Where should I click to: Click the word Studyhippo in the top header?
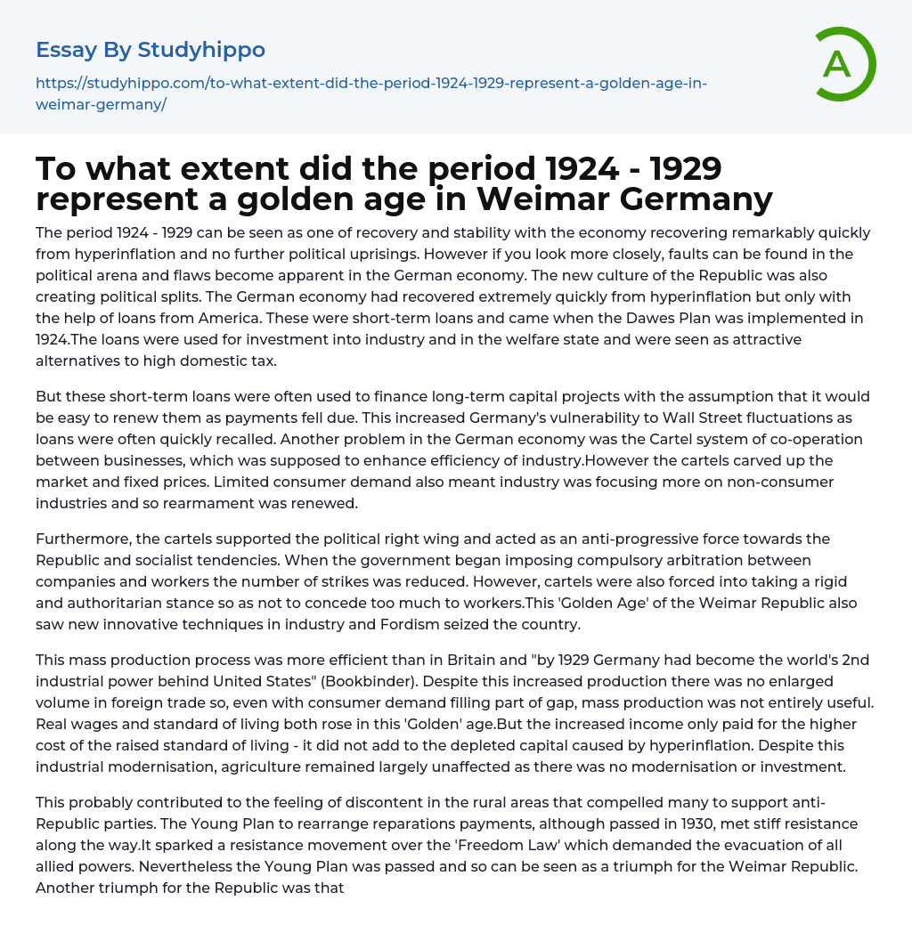pyautogui.click(x=201, y=50)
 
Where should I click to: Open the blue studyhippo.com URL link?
pyautogui.click(x=370, y=93)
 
